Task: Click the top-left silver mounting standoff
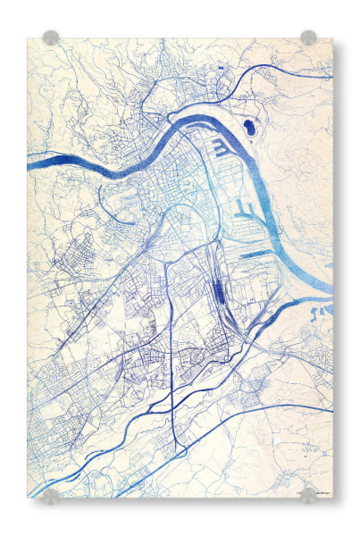pos(51,38)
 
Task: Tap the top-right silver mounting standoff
pos(308,38)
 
